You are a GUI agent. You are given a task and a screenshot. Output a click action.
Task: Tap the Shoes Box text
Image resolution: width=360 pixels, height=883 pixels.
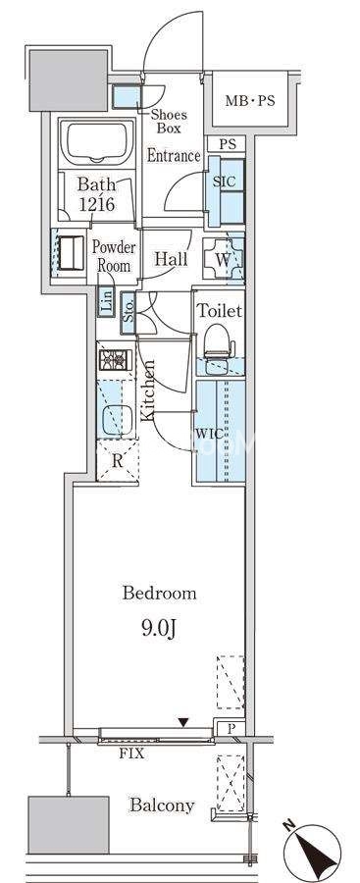169,122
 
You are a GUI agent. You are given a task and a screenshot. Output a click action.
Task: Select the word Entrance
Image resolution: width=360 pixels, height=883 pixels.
174,156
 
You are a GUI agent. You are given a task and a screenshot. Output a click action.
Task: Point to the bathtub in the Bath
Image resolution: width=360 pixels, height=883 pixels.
97,142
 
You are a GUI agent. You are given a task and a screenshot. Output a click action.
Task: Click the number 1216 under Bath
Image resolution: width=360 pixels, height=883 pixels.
97,204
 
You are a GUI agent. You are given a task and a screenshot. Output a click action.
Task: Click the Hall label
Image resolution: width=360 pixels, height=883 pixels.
172,260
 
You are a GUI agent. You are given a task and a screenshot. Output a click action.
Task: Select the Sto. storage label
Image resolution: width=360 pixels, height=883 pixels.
128,314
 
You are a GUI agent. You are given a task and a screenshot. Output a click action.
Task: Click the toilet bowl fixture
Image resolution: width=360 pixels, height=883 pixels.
220,341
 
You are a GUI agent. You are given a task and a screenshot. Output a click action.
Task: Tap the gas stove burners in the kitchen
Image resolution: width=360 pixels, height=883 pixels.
116,360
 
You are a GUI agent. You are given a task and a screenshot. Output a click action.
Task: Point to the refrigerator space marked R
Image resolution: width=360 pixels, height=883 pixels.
117,461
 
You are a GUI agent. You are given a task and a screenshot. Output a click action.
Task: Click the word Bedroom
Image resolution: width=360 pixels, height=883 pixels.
160,594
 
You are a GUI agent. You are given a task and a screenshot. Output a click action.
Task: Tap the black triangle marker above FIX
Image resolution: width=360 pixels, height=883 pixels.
182,722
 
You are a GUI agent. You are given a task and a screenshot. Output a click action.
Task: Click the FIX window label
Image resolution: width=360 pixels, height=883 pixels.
131,753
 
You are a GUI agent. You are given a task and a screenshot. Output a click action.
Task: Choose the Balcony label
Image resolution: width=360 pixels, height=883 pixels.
162,805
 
